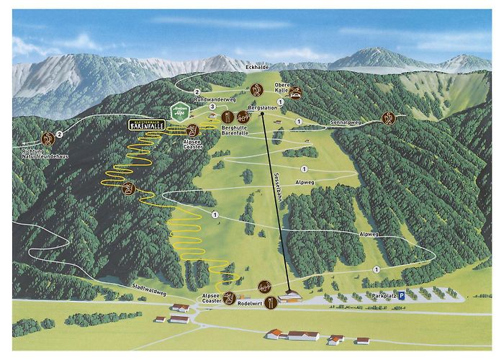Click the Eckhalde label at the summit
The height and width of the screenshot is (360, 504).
[x=256, y=67]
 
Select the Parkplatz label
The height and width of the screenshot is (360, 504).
[x=384, y=296]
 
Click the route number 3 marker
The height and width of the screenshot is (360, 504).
[x=212, y=107]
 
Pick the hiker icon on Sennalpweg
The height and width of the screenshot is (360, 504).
[x=389, y=117]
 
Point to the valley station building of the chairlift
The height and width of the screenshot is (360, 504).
[x=291, y=296]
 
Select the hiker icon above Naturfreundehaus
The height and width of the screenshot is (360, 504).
[x=48, y=139]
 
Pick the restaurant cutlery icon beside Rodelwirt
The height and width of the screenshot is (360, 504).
[x=269, y=303]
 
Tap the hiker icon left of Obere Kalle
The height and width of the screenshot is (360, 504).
[x=257, y=89]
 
